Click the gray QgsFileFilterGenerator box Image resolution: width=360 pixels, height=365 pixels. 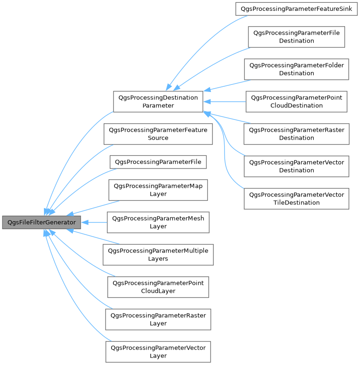point(41,222)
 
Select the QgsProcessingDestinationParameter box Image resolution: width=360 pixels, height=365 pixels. point(158,101)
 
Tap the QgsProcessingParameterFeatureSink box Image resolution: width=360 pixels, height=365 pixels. point(296,8)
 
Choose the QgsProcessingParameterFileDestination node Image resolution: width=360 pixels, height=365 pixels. point(296,37)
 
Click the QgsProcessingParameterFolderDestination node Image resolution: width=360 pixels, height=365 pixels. point(296,69)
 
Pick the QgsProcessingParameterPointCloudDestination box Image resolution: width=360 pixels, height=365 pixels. point(296,101)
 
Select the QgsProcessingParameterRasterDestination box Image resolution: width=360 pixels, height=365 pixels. point(296,133)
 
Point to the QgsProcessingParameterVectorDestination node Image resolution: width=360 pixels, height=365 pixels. point(296,166)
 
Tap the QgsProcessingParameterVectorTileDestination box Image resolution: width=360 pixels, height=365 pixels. point(296,198)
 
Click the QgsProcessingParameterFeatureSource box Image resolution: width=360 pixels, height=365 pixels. point(158,134)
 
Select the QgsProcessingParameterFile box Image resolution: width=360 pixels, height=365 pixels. point(158,162)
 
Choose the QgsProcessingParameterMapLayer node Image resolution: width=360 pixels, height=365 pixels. point(158,190)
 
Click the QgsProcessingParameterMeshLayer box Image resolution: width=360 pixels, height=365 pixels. point(158,222)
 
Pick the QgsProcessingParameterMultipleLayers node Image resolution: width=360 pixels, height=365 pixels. point(158,254)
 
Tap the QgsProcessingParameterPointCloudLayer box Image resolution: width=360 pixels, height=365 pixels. point(158,287)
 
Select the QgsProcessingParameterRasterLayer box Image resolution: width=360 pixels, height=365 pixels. point(158,319)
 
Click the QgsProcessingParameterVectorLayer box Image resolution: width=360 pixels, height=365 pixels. point(158,351)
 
